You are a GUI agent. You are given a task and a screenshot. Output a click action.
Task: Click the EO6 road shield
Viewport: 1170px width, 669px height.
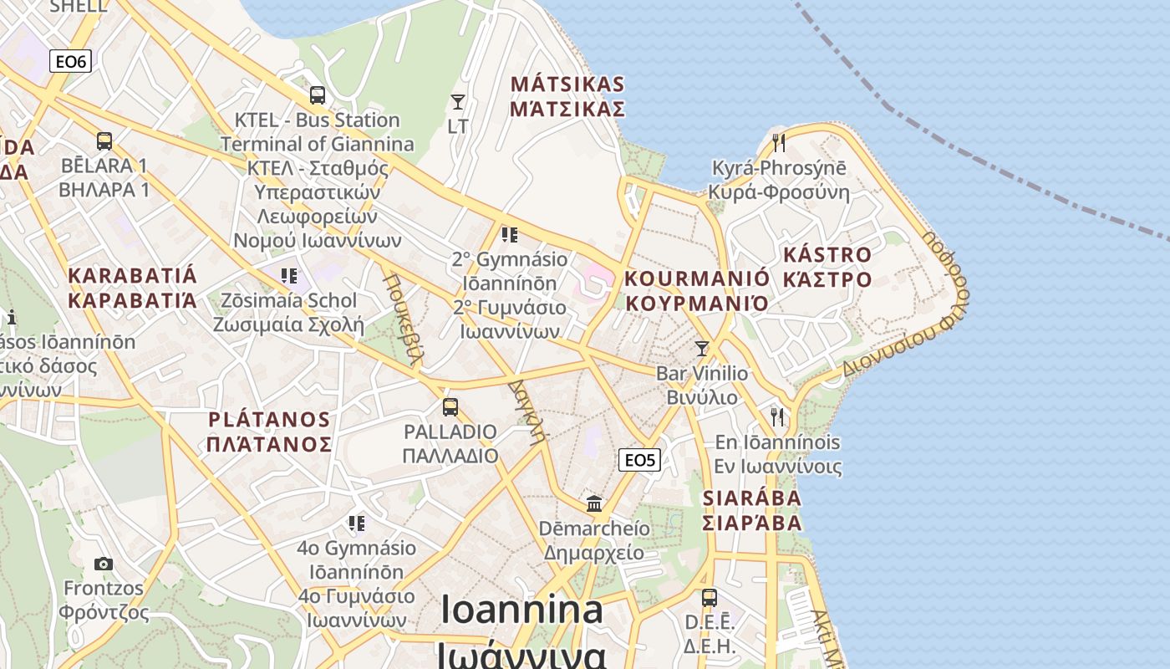(x=70, y=61)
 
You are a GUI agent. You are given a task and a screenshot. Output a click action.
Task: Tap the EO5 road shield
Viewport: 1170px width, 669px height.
(x=640, y=459)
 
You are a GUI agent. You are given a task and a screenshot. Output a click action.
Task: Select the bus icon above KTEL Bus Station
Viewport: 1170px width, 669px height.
(x=317, y=95)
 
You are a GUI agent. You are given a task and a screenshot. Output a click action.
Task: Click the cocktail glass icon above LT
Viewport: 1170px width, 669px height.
(x=458, y=102)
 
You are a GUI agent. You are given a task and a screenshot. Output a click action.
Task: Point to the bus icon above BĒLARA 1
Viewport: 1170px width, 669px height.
(x=104, y=141)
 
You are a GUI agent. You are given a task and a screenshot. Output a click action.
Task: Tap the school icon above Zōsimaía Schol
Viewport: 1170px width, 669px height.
(x=289, y=276)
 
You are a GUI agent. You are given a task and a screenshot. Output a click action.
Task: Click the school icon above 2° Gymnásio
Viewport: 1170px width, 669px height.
(x=509, y=235)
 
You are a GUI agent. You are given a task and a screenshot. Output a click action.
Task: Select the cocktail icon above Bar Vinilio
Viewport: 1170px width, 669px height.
(x=702, y=349)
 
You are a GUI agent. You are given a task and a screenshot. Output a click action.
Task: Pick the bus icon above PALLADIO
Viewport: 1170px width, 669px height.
(x=450, y=407)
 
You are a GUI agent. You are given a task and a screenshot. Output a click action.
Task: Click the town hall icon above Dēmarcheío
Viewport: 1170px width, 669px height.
(x=594, y=503)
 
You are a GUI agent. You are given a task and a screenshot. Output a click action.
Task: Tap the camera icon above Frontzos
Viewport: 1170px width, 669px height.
(x=104, y=564)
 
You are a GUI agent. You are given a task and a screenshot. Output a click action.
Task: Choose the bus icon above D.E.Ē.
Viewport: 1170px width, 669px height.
(x=709, y=598)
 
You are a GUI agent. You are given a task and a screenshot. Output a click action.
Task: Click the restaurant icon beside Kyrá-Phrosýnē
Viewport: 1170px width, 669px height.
(x=779, y=142)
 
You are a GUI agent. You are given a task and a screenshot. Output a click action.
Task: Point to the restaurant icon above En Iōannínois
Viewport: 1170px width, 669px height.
(x=777, y=416)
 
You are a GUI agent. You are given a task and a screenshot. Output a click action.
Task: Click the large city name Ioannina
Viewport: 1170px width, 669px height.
(x=522, y=610)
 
